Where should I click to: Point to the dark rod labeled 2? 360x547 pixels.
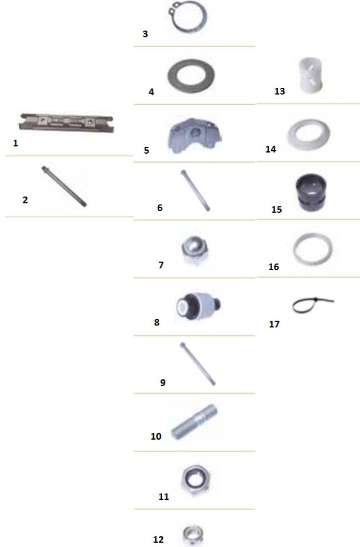point(64,187)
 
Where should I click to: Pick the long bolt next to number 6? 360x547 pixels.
point(195,190)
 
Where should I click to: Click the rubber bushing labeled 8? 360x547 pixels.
point(198,306)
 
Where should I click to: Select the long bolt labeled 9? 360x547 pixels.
point(197,364)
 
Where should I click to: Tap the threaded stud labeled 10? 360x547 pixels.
point(194,422)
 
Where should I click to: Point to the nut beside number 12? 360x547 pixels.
point(193,535)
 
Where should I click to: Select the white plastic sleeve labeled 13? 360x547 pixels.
point(311,76)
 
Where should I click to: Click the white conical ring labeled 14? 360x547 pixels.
point(290,134)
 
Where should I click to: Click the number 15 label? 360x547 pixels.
point(276,209)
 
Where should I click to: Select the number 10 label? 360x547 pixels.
point(156,436)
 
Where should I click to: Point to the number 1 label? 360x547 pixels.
point(15,143)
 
